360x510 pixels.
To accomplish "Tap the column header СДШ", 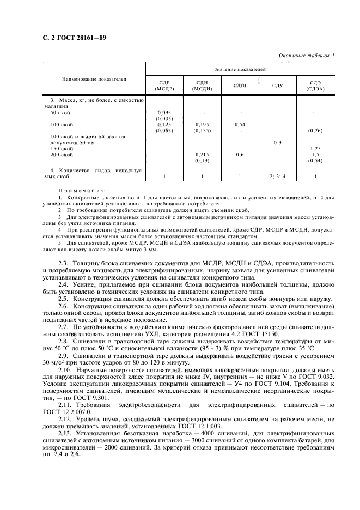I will [240, 85].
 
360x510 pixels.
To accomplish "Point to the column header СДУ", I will [278, 85].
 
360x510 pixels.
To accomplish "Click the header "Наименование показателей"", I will [94, 79].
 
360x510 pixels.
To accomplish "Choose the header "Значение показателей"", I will [240, 69].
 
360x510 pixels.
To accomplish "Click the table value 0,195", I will [202, 125].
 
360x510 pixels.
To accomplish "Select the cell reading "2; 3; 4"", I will [278, 177].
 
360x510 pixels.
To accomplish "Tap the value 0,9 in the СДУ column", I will [278, 142].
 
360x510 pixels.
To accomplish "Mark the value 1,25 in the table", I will [315, 148].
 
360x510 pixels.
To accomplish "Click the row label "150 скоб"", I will [62, 148].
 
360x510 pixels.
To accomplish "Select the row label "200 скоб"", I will [62, 155].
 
